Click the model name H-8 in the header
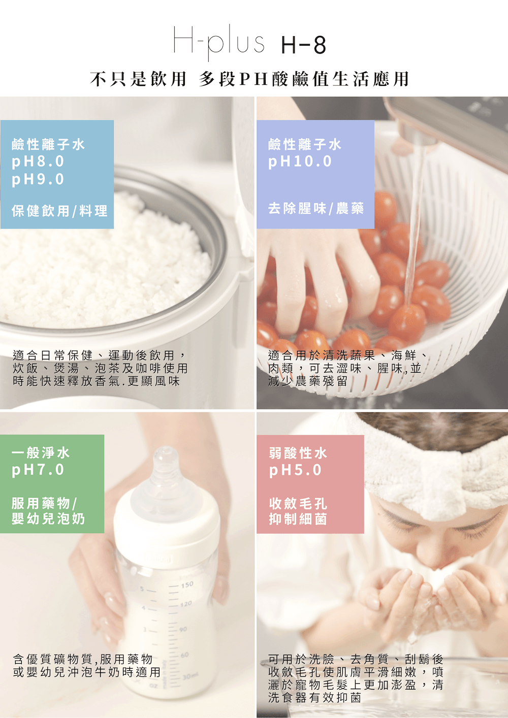pyautogui.click(x=303, y=45)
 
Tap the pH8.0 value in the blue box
pyautogui.click(x=38, y=161)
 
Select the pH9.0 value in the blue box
pyautogui.click(x=38, y=179)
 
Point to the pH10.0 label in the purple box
pyautogui.click(x=300, y=161)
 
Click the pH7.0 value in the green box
pyautogui.click(x=38, y=470)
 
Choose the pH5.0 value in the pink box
pyautogui.click(x=296, y=470)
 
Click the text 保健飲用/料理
pyautogui.click(x=59, y=211)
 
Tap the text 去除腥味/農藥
pyautogui.click(x=316, y=208)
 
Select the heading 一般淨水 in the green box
pyautogui.click(x=41, y=452)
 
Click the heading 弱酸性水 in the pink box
pyautogui.click(x=298, y=452)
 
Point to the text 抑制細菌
pyautogui.click(x=298, y=519)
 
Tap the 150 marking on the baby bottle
pyautogui.click(x=187, y=585)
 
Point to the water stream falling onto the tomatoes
pyautogui.click(x=414, y=229)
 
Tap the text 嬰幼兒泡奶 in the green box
pyautogui.click(x=48, y=519)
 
